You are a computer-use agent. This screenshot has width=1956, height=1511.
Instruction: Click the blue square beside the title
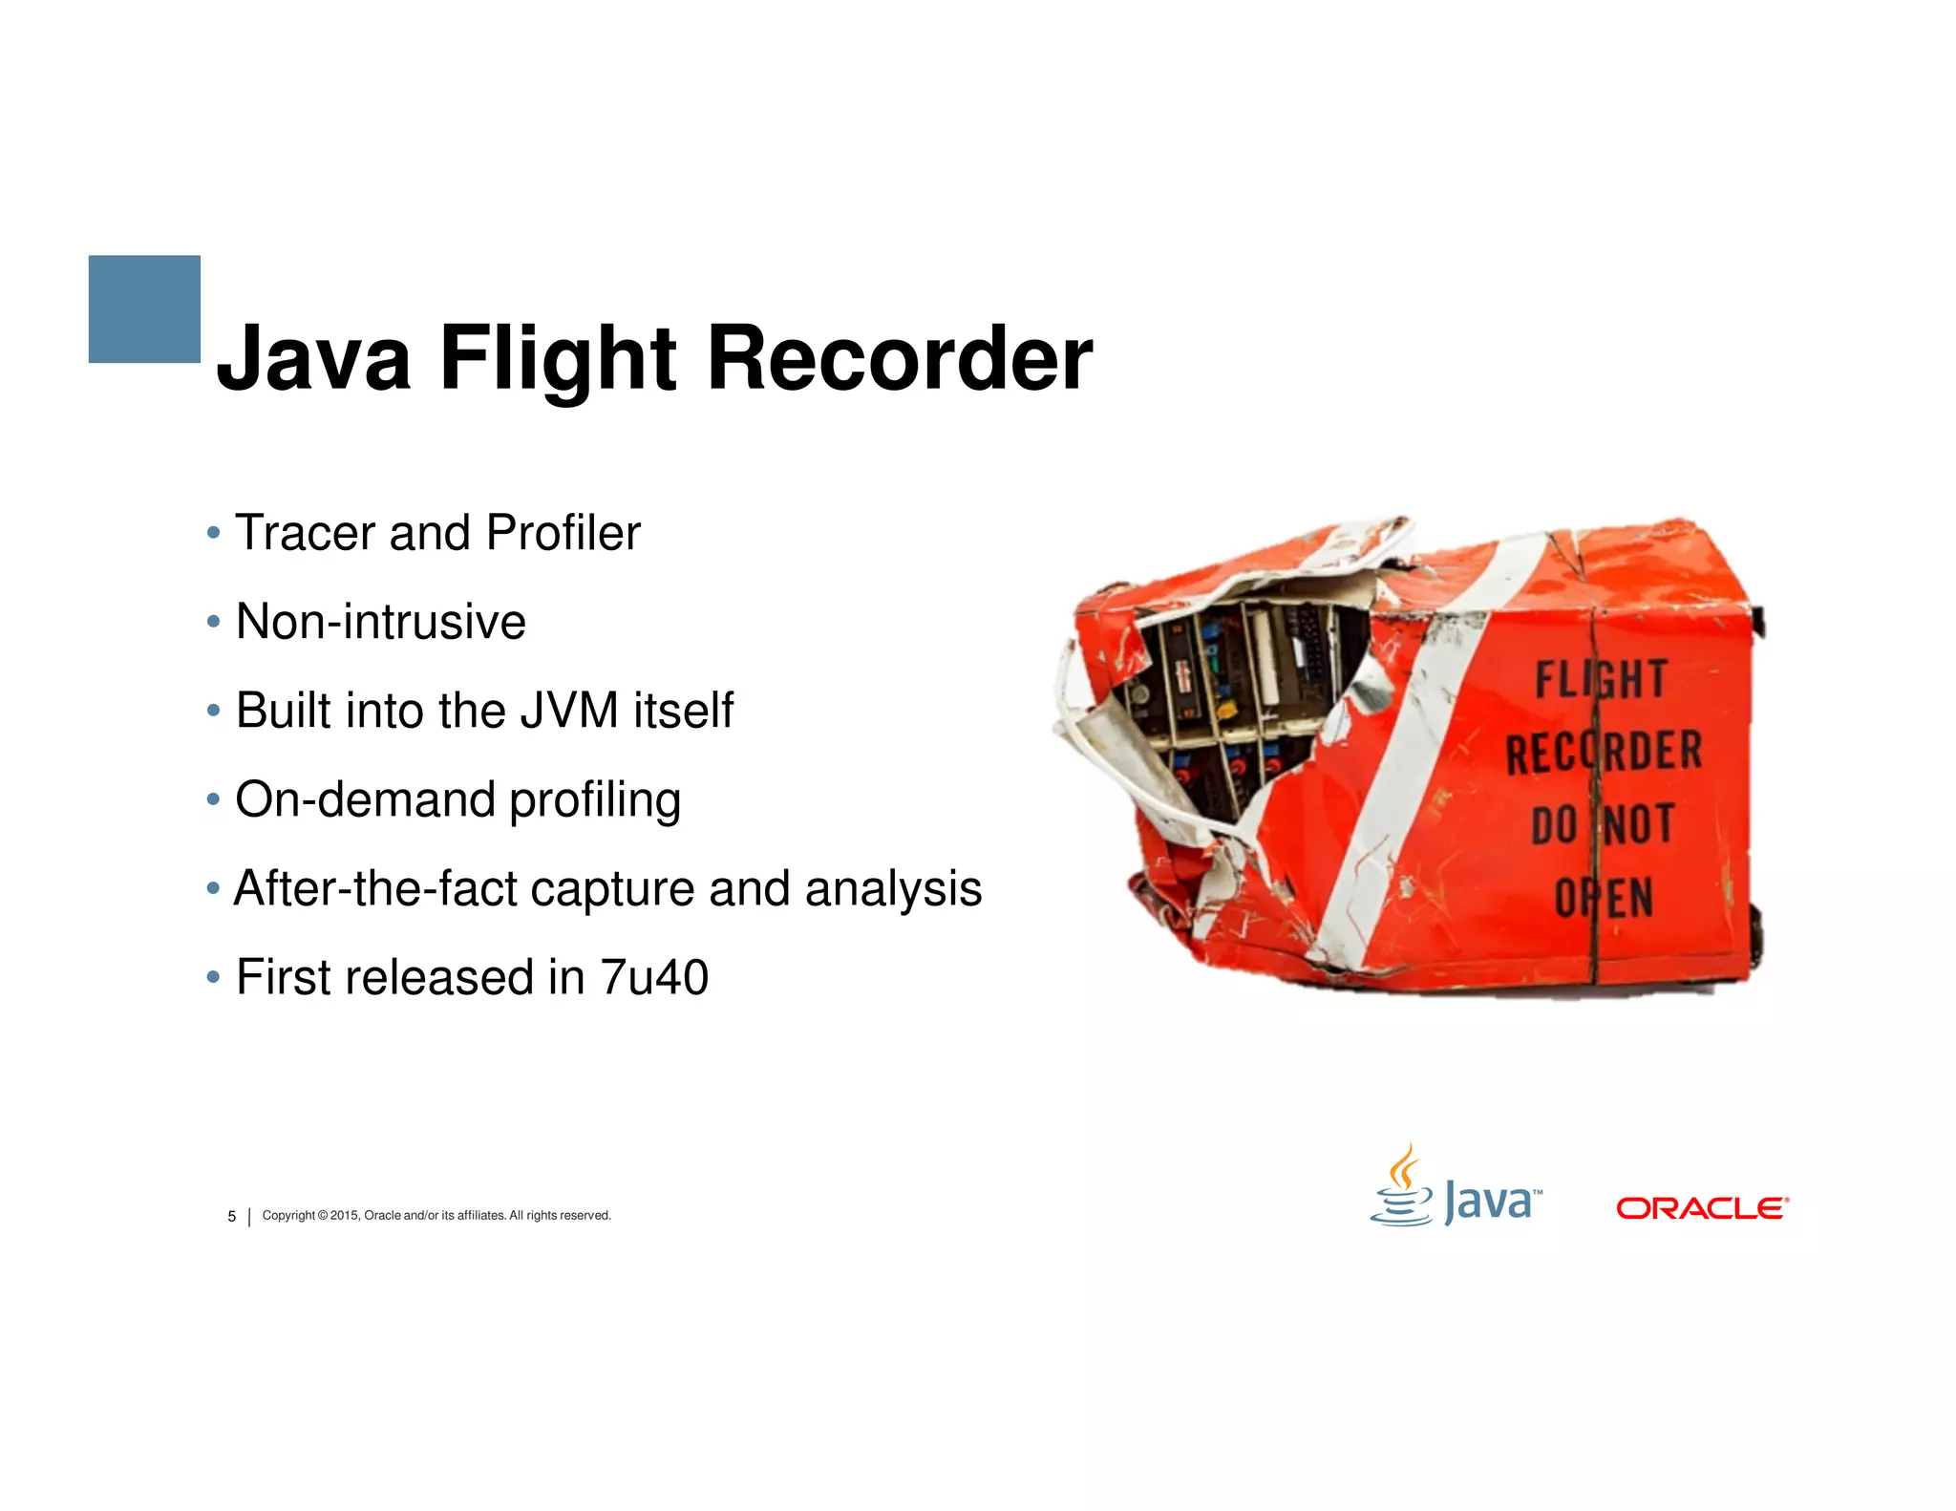[144, 309]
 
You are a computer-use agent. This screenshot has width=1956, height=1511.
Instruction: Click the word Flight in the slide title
[557, 359]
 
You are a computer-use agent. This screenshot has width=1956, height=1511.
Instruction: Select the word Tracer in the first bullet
[305, 533]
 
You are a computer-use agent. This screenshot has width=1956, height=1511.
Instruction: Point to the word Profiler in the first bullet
[563, 533]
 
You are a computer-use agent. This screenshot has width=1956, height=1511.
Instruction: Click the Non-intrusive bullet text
[380, 622]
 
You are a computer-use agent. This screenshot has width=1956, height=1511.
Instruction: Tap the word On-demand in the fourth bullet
[365, 799]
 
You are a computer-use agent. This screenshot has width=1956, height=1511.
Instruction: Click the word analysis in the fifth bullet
[893, 888]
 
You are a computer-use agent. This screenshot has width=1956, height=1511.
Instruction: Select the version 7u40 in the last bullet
[654, 977]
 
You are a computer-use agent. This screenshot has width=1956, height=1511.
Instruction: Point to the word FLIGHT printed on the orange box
[1601, 680]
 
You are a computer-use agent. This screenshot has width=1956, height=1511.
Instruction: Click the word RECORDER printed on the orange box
[1604, 752]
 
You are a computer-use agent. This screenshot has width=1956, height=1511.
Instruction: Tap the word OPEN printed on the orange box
[1604, 898]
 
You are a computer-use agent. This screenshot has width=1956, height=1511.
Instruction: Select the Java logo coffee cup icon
[1401, 1188]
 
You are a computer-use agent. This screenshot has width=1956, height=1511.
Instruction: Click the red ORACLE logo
[1702, 1208]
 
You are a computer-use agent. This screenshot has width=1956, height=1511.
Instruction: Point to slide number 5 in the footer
[231, 1217]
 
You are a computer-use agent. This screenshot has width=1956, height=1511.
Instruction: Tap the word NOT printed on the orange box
[1639, 824]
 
